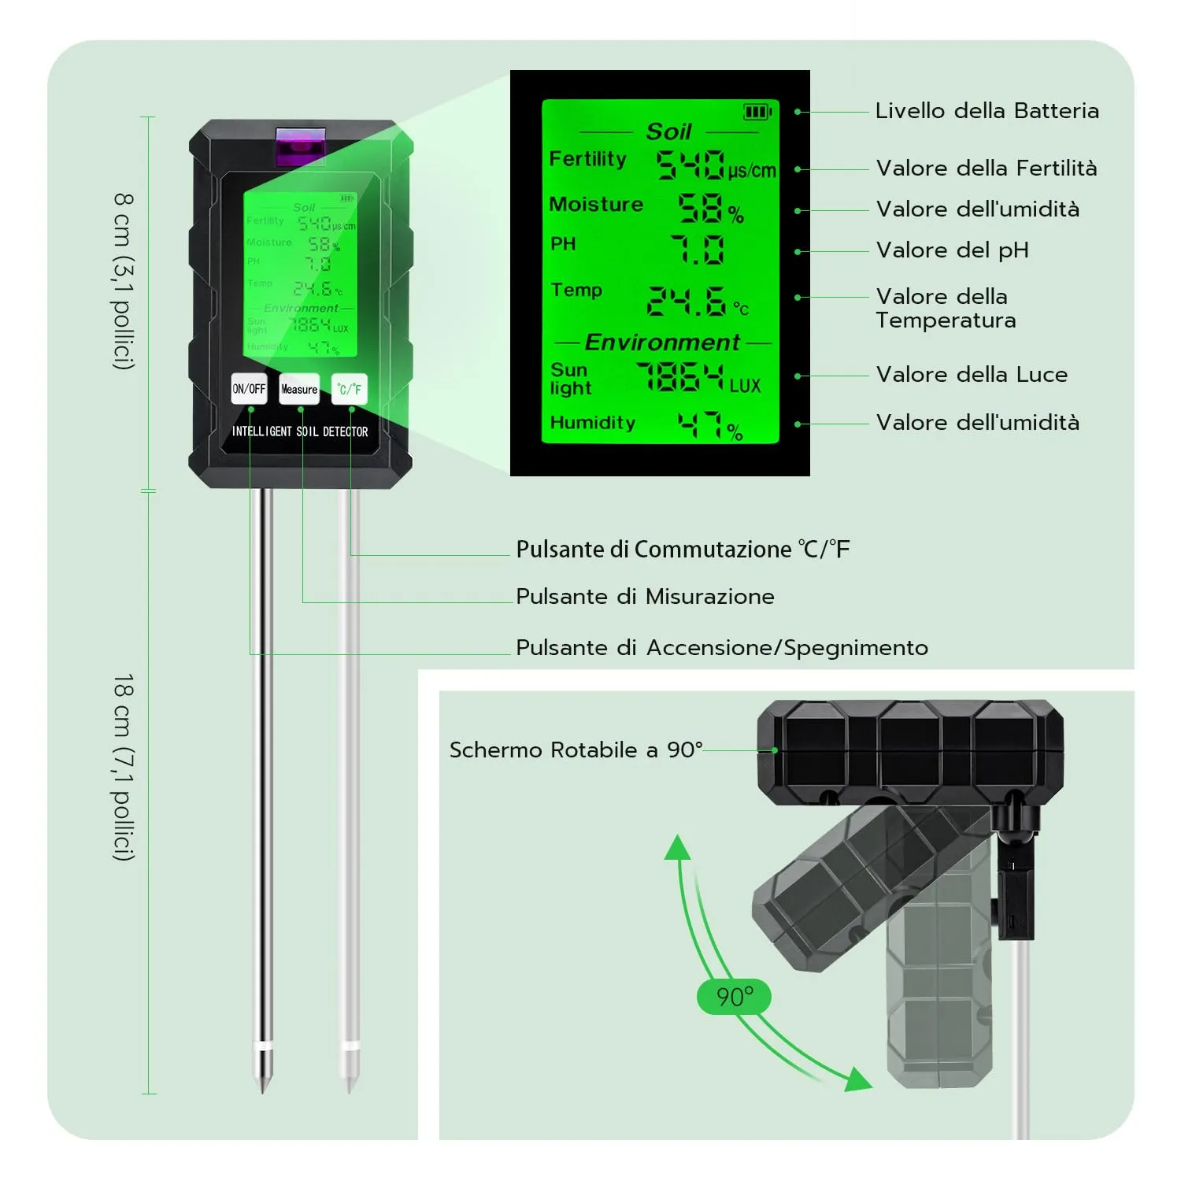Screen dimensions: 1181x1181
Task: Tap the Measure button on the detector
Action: click(299, 389)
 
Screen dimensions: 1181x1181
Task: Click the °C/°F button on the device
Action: click(349, 389)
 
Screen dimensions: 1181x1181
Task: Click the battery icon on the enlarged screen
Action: click(757, 113)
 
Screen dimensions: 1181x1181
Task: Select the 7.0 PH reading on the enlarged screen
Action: click(698, 250)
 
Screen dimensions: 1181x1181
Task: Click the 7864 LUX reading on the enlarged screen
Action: click(679, 377)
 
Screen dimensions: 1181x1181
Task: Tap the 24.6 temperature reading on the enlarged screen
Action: click(687, 301)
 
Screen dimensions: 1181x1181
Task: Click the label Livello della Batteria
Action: click(987, 111)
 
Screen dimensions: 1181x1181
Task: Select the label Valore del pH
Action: click(952, 250)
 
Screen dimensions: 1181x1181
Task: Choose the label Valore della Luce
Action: click(972, 375)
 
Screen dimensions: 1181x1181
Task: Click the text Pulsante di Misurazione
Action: click(645, 597)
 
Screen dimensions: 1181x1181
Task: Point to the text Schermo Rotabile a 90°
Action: click(576, 750)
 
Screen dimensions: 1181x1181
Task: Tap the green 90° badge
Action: click(734, 998)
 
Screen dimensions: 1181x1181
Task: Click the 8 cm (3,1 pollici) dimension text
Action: click(124, 281)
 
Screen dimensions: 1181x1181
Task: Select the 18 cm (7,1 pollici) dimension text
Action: click(124, 767)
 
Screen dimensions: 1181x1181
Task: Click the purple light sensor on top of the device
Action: click(300, 146)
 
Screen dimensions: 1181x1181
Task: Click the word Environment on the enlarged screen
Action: click(662, 342)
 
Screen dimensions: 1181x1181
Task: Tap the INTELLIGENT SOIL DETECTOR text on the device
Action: click(299, 431)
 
